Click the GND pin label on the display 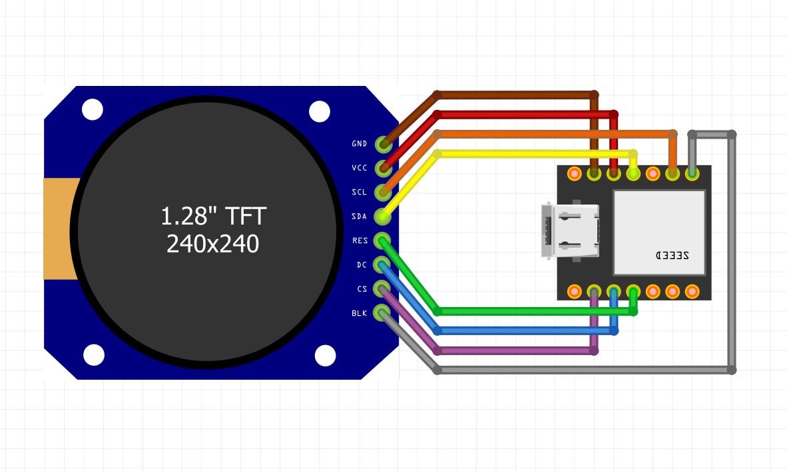[x=359, y=144]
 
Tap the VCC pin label [x=359, y=168]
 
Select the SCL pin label [x=359, y=192]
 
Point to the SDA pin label [x=359, y=217]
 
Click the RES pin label [x=360, y=240]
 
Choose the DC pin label [x=361, y=264]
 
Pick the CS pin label [x=362, y=288]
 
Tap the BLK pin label [x=359, y=313]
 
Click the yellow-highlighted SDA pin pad [x=382, y=216]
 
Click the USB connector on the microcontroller [x=569, y=231]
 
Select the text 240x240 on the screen [x=212, y=244]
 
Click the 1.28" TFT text [x=213, y=216]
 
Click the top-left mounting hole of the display [x=93, y=109]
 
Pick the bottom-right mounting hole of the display [x=325, y=355]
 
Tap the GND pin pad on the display [x=382, y=144]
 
